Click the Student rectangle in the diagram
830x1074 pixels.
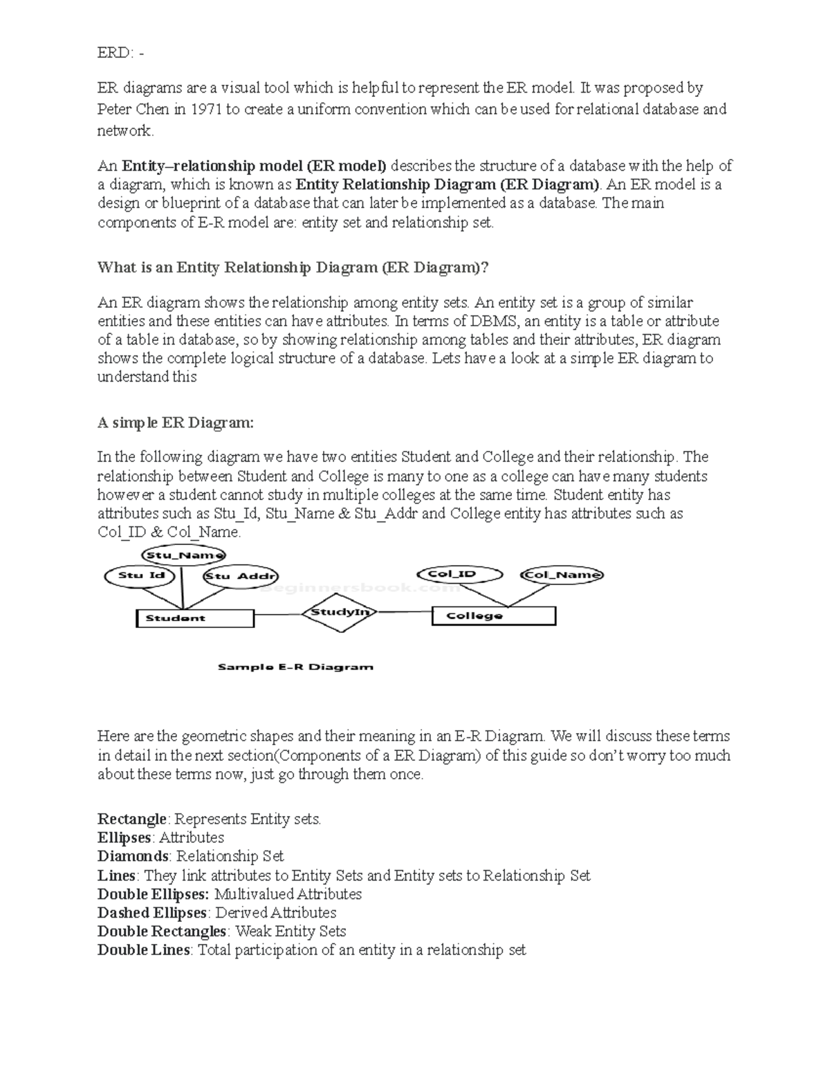pyautogui.click(x=195, y=618)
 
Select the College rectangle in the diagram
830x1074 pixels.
pyautogui.click(x=493, y=615)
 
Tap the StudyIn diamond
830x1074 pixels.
pyautogui.click(x=338, y=612)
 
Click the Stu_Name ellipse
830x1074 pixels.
pyautogui.click(x=183, y=555)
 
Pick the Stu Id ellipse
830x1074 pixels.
pyautogui.click(x=141, y=575)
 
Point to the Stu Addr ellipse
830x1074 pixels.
pyautogui.click(x=240, y=576)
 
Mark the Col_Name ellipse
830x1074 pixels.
pyautogui.click(x=563, y=575)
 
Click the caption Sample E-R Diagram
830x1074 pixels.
pyautogui.click(x=295, y=667)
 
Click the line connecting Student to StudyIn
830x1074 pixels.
pyautogui.click(x=279, y=614)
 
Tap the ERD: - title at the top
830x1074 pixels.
pyautogui.click(x=121, y=53)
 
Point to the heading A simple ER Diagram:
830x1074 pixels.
pyautogui.click(x=176, y=423)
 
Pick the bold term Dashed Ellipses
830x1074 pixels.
pyautogui.click(x=152, y=913)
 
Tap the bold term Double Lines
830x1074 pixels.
pyautogui.click(x=143, y=950)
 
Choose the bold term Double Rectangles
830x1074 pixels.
pyautogui.click(x=162, y=932)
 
